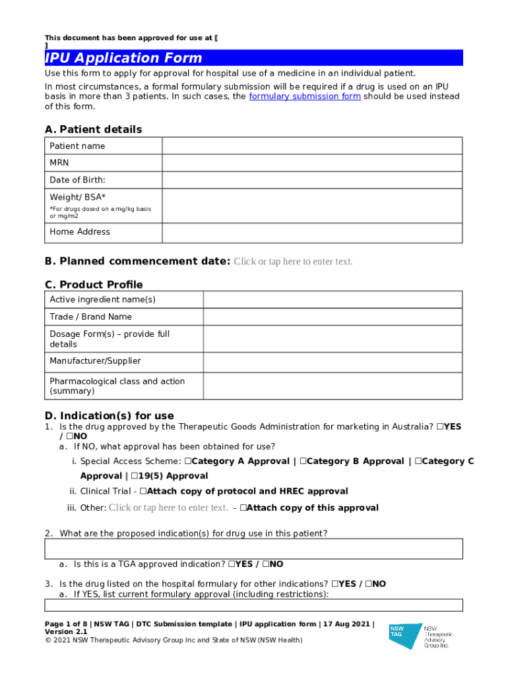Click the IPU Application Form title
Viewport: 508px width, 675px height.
pos(123,58)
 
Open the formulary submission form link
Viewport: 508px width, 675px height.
pos(304,96)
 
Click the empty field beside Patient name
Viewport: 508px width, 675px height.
pos(311,146)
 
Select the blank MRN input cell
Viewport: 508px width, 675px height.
pos(311,162)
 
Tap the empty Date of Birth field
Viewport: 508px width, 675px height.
pos(311,179)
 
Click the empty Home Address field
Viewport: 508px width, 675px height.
pos(311,232)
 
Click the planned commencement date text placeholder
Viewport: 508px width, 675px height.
pos(293,262)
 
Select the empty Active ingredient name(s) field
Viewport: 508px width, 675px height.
pos(333,300)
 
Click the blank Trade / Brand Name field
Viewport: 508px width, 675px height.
pos(333,317)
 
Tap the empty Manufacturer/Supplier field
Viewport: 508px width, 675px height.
pos(333,361)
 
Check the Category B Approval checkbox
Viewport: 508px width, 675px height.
pos(303,461)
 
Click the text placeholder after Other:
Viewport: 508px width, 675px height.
pos(168,508)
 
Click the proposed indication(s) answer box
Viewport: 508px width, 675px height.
pos(253,548)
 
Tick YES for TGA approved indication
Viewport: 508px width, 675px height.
pos(232,564)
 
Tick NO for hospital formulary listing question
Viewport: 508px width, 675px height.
pos(368,584)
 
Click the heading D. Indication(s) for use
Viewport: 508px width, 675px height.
pos(110,415)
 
